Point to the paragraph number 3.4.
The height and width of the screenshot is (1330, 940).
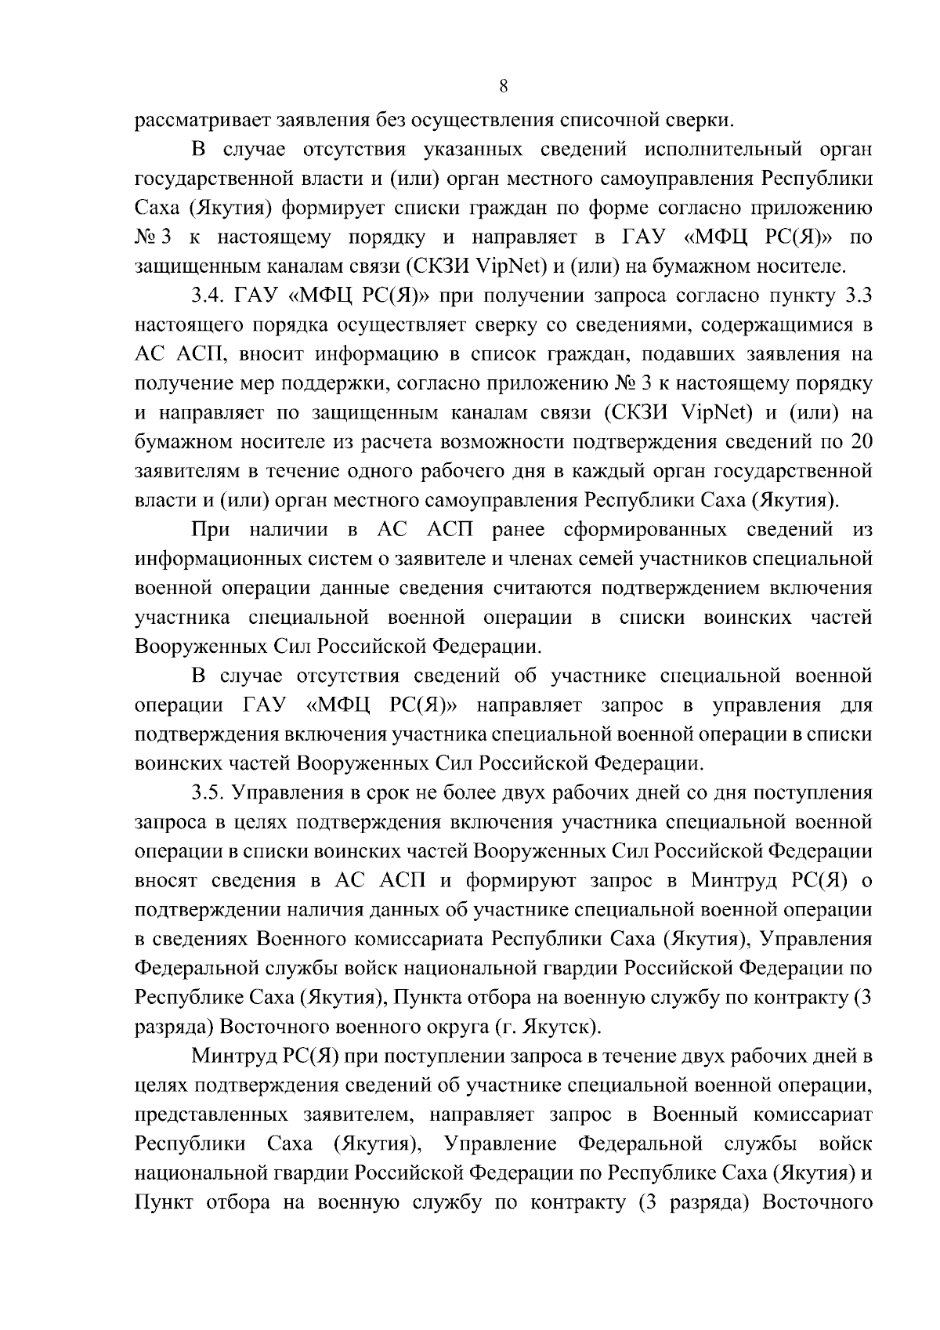coord(208,295)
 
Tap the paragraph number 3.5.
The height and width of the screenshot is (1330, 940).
coord(208,792)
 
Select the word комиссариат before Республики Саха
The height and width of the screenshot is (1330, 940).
coord(812,1114)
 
